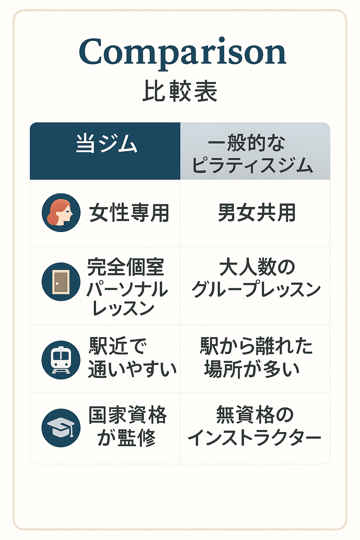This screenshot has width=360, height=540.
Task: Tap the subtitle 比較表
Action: [180, 91]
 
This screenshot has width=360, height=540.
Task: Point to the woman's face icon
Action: [61, 213]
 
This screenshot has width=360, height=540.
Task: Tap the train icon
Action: [61, 360]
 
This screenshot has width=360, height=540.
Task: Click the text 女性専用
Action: [129, 213]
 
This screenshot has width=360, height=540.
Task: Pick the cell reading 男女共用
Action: [257, 212]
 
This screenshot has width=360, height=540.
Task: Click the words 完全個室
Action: [126, 267]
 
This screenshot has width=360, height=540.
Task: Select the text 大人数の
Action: [257, 267]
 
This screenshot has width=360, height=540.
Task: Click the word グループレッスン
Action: [256, 289]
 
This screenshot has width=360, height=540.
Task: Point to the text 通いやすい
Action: [133, 369]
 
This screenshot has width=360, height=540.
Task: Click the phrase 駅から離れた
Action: [256, 346]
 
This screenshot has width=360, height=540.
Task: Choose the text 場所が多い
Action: [252, 369]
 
